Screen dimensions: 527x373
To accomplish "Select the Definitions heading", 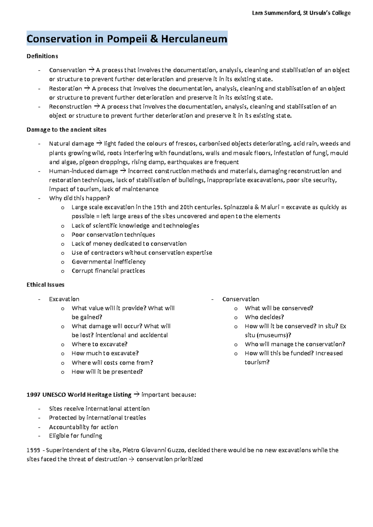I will tap(42, 56).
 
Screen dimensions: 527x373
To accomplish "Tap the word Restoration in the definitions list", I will tap(65, 89).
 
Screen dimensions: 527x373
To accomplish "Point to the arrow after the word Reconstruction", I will tap(96, 107).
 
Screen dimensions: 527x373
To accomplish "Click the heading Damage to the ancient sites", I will tap(66, 130).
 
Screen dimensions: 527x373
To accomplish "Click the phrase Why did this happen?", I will tap(79, 198).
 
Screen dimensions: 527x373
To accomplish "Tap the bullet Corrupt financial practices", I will tap(108, 271).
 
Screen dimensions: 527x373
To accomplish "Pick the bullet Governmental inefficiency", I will tap(108, 262).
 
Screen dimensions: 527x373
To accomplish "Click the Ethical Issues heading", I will tap(45, 285).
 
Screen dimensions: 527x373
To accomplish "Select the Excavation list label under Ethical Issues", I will tap(64, 299).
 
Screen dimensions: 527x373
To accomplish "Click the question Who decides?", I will tap(264, 317).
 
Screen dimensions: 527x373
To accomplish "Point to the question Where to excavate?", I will tap(99, 344).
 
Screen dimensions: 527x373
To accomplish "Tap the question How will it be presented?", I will tap(107, 372).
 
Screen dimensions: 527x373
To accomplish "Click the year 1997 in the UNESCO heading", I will tap(33, 395).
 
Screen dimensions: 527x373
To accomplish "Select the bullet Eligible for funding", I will tap(76, 436).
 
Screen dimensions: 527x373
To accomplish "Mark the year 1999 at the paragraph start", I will tap(33, 450).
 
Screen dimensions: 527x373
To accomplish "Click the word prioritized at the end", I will tap(188, 459).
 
